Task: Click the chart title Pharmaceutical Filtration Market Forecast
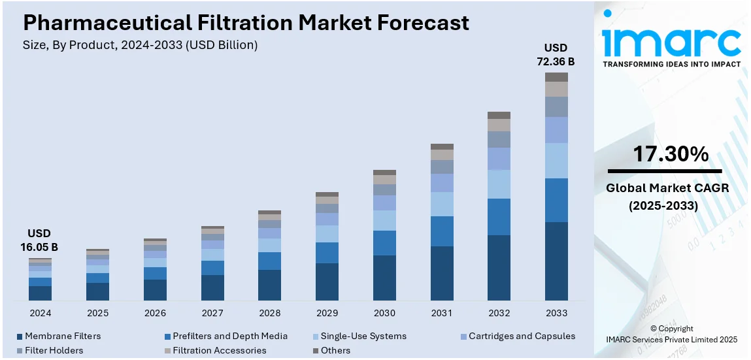tap(246, 23)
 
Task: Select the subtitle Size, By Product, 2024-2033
tap(140, 45)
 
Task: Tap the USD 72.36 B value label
tap(556, 55)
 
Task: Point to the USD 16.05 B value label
tap(39, 240)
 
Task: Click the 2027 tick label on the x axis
tap(212, 314)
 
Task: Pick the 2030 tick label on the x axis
tap(384, 314)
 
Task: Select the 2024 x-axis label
tap(40, 314)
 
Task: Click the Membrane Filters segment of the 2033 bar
tap(556, 261)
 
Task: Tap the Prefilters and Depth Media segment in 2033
tap(556, 200)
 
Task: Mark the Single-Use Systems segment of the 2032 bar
tap(499, 184)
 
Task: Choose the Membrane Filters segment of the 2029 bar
tap(327, 282)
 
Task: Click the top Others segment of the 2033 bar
tap(556, 77)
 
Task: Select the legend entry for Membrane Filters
tap(63, 336)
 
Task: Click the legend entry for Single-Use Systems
tap(363, 336)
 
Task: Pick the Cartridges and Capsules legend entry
tap(522, 336)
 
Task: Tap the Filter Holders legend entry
tap(54, 351)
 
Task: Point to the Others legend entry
tap(335, 351)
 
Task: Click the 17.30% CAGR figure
tap(670, 155)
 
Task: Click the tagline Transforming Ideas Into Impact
tap(671, 64)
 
